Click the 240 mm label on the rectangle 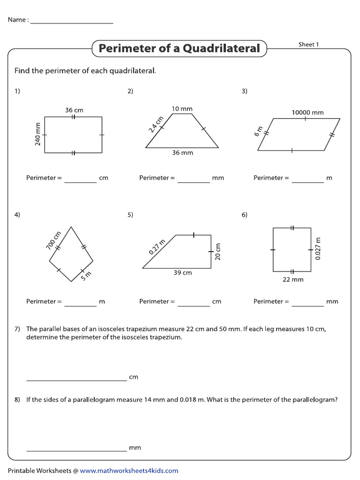[x=38, y=134]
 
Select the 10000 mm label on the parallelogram [x=307, y=112]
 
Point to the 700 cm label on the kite [x=54, y=240]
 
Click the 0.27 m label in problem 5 [x=157, y=247]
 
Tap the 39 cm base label [x=182, y=273]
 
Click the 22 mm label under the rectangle [x=293, y=279]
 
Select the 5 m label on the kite [x=86, y=277]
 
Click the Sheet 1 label [x=308, y=45]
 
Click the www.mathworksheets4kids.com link [x=129, y=471]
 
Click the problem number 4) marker [x=17, y=215]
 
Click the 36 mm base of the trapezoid [x=182, y=153]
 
